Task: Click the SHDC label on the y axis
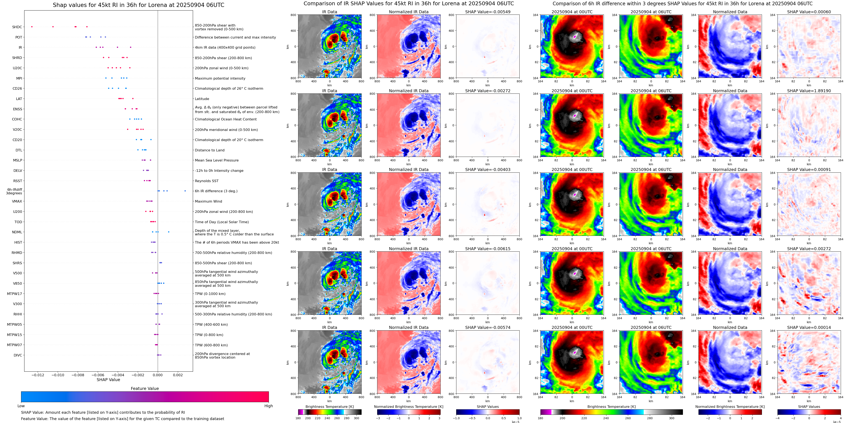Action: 17,27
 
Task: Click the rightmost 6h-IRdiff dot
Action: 185,191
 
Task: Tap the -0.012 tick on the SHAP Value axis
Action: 38,375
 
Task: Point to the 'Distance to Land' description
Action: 209,150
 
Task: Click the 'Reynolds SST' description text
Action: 206,181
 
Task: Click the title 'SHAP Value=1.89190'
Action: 809,91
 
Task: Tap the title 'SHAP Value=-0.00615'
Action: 488,249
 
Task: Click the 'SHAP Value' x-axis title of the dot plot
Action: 108,380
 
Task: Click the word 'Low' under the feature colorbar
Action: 21,406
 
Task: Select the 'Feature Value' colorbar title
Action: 145,388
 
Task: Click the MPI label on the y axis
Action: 19,78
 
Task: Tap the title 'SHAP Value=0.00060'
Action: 809,12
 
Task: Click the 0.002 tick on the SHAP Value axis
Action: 178,375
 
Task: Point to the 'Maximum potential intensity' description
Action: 220,78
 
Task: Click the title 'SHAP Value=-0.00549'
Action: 488,12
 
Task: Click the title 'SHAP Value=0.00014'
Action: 809,327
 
